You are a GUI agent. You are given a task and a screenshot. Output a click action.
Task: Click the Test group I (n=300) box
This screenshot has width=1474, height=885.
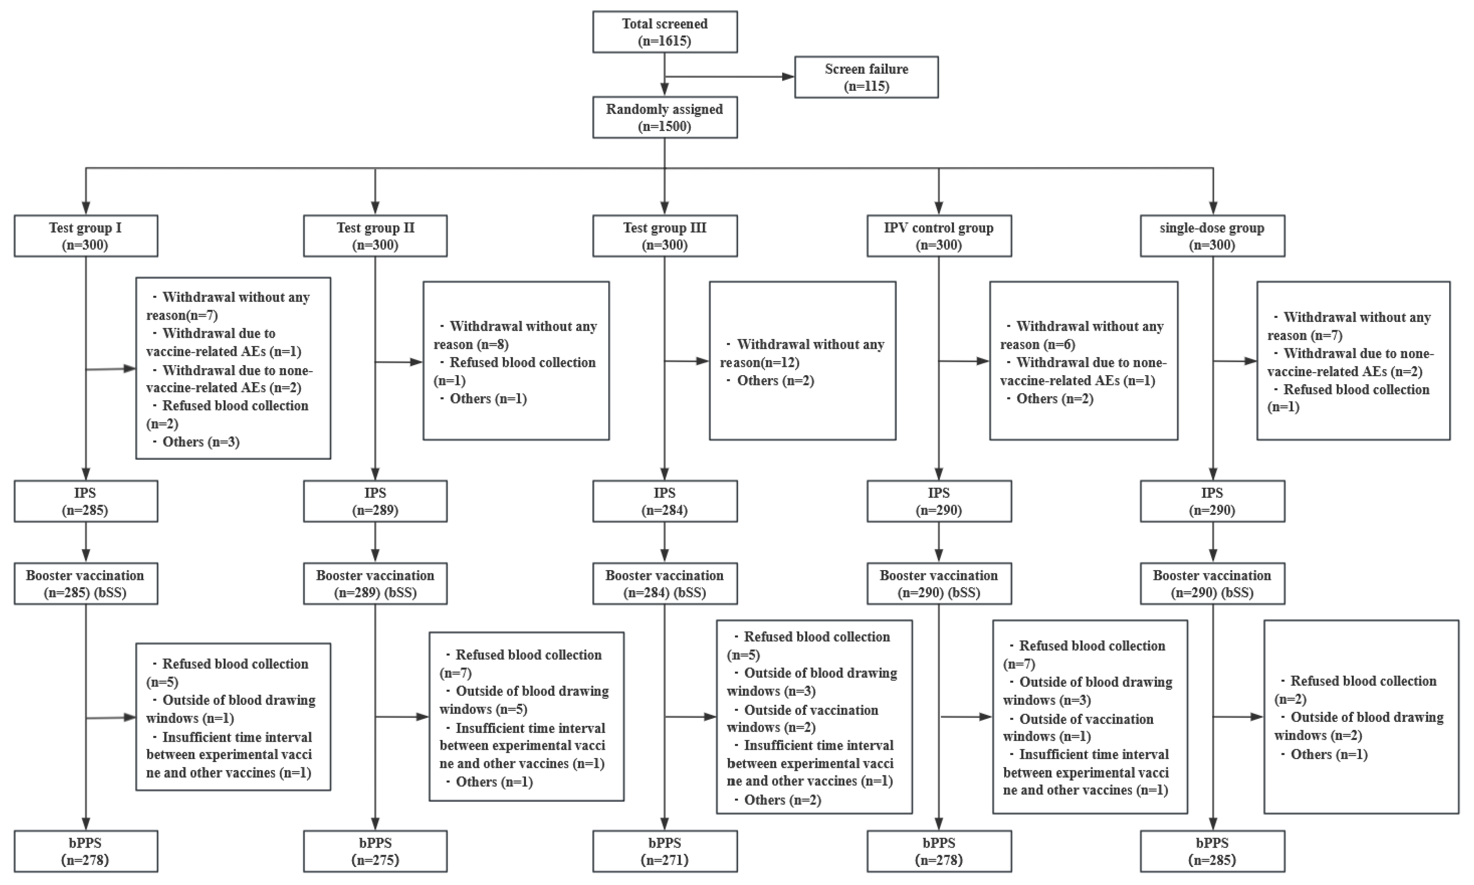point(86,236)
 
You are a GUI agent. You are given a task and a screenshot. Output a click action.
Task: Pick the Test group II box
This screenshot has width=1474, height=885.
point(375,236)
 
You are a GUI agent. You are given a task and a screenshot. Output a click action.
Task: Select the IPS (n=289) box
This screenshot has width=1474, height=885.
point(375,501)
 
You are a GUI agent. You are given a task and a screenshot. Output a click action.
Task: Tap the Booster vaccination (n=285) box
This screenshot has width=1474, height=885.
point(86,584)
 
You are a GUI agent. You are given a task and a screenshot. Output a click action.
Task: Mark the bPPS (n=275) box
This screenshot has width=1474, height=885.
point(375,851)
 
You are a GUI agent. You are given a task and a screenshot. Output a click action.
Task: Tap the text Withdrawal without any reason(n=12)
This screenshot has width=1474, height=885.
point(802,353)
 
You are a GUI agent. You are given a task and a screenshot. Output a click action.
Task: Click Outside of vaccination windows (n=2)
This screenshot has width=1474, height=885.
point(802,718)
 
